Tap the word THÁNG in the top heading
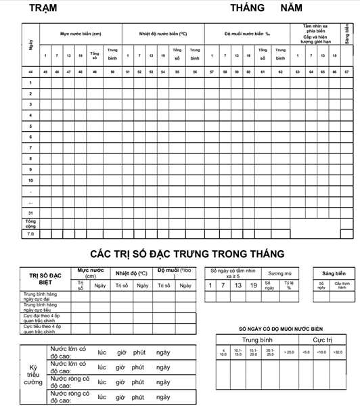tap(247, 9)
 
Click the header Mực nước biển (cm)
tap(81, 33)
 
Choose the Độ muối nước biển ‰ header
tap(246, 33)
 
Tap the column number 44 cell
tap(30, 71)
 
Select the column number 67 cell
tap(346, 71)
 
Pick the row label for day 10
tap(30, 181)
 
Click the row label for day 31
tap(30, 213)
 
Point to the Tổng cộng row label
tap(30, 223)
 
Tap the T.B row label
tap(30, 234)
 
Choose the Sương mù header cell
tap(279, 273)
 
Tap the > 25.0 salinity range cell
tap(289, 352)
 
